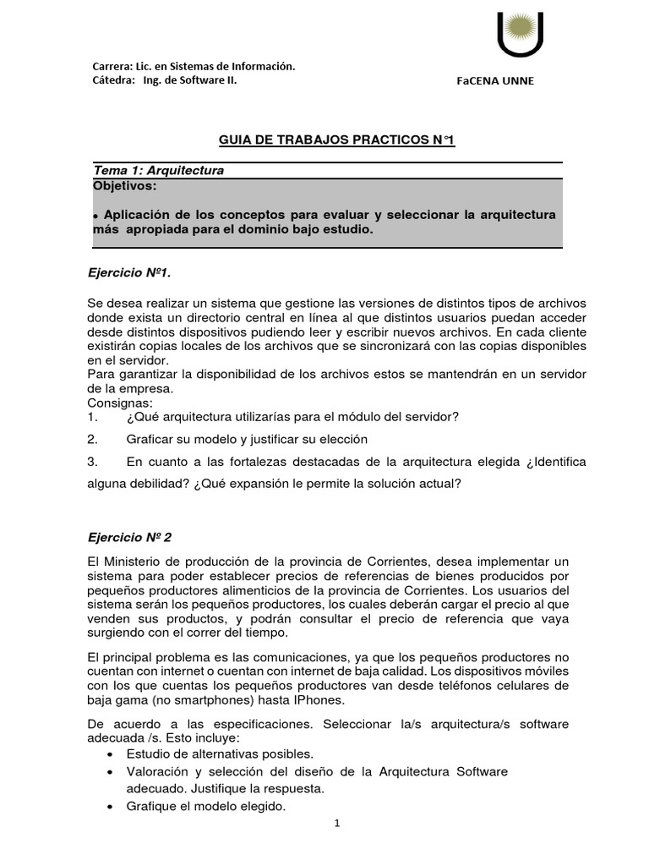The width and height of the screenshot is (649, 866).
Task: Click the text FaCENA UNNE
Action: tap(495, 81)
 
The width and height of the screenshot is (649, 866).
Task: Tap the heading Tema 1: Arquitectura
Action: tap(159, 170)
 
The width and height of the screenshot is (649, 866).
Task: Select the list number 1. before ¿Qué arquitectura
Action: tap(93, 417)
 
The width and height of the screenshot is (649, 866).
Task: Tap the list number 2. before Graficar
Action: tap(93, 439)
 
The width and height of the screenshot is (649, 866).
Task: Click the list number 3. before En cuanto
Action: tap(93, 462)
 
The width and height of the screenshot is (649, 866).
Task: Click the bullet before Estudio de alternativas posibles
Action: tap(112, 754)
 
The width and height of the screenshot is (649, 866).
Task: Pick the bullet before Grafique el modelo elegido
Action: tap(112, 807)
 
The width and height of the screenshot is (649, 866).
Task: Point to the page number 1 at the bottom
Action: tap(336, 824)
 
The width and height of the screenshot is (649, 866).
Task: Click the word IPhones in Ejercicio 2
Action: tap(318, 700)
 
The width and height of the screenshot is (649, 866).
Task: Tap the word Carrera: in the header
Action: tap(112, 67)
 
